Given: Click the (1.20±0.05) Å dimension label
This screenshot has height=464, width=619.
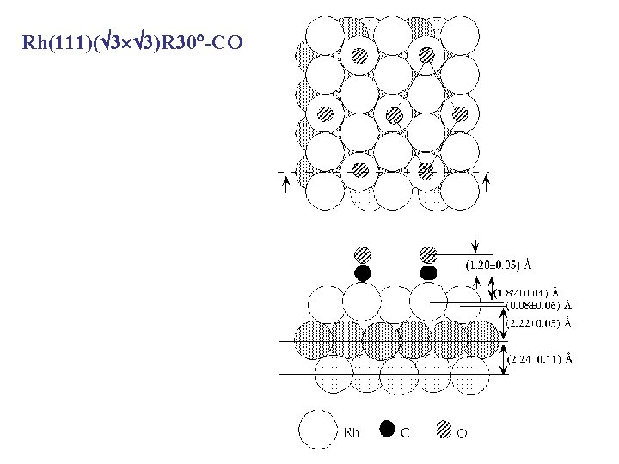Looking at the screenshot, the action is coord(498,264).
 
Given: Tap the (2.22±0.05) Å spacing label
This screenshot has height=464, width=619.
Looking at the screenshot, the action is coord(541,323).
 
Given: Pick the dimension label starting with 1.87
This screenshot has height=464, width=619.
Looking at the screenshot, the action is coord(525,291).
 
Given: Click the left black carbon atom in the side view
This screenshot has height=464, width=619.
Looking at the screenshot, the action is coord(362,273).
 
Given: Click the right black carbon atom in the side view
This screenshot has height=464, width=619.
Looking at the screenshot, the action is coord(428,273).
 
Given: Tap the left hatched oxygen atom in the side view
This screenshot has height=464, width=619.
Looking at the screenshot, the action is coord(363,255).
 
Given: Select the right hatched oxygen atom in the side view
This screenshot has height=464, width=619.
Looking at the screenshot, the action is coord(428,255).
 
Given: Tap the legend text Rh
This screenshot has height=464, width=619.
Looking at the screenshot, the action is coord(351,432).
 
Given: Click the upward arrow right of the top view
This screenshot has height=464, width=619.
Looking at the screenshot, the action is coord(487,183).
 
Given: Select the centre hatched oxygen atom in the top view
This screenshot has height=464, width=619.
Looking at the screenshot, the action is coord(393,113).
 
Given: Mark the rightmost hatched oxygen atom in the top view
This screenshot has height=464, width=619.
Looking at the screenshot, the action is coord(459,113).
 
